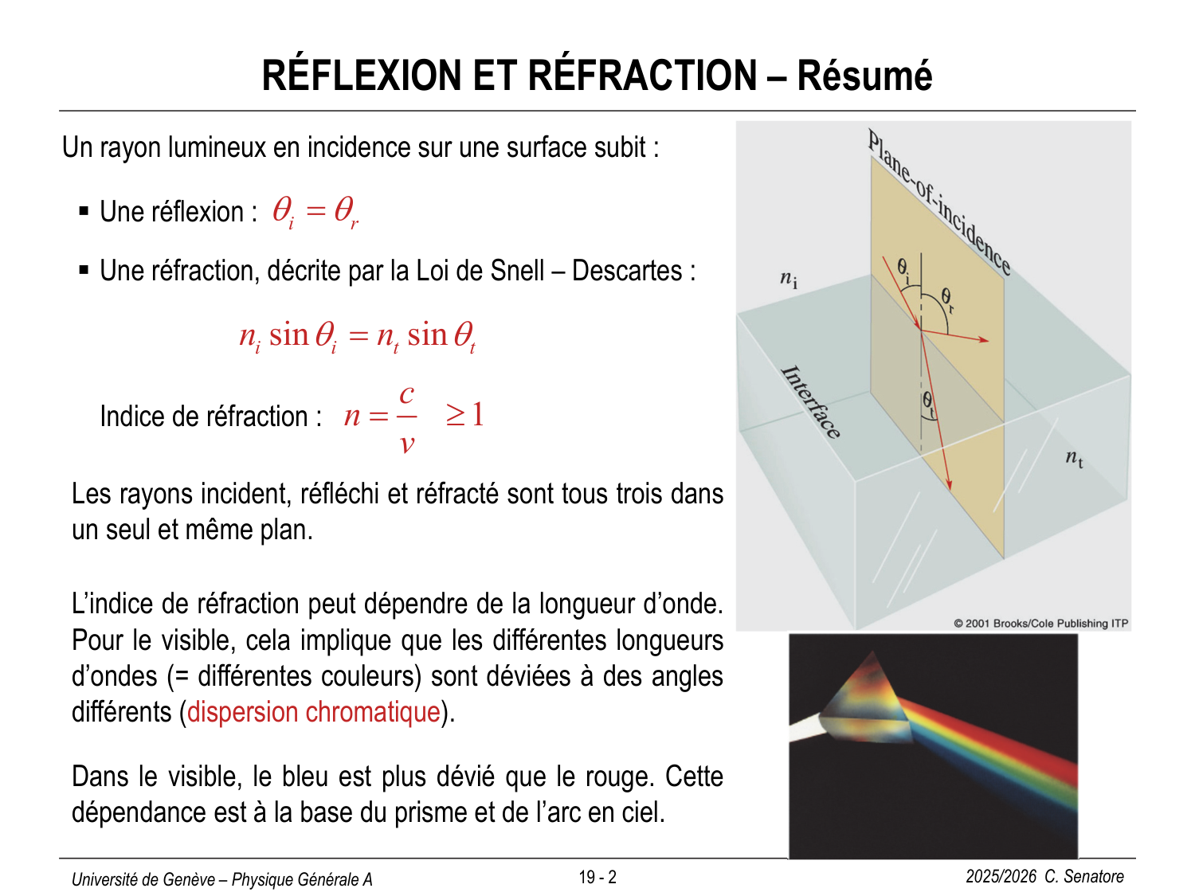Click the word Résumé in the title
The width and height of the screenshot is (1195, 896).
pyautogui.click(x=864, y=76)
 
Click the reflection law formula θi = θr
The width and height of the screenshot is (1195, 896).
pyautogui.click(x=315, y=212)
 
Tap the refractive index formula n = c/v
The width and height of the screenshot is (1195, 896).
pyautogui.click(x=382, y=417)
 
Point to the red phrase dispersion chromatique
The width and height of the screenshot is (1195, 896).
pyautogui.click(x=313, y=712)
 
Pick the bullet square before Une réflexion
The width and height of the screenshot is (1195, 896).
pyautogui.click(x=84, y=211)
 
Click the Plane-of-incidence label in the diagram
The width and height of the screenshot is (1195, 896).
pyautogui.click(x=939, y=202)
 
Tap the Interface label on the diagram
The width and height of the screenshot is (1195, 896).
pyautogui.click(x=810, y=402)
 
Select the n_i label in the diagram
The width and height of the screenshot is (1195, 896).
pyautogui.click(x=788, y=279)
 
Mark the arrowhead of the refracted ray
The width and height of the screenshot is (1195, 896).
pyautogui.click(x=949, y=483)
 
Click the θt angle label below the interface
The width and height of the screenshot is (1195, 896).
pyautogui.click(x=929, y=401)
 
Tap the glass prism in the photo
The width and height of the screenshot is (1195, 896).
pyautogui.click(x=868, y=701)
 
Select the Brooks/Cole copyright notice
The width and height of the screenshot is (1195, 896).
pyautogui.click(x=1040, y=623)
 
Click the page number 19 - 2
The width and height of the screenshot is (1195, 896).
pyautogui.click(x=597, y=878)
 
